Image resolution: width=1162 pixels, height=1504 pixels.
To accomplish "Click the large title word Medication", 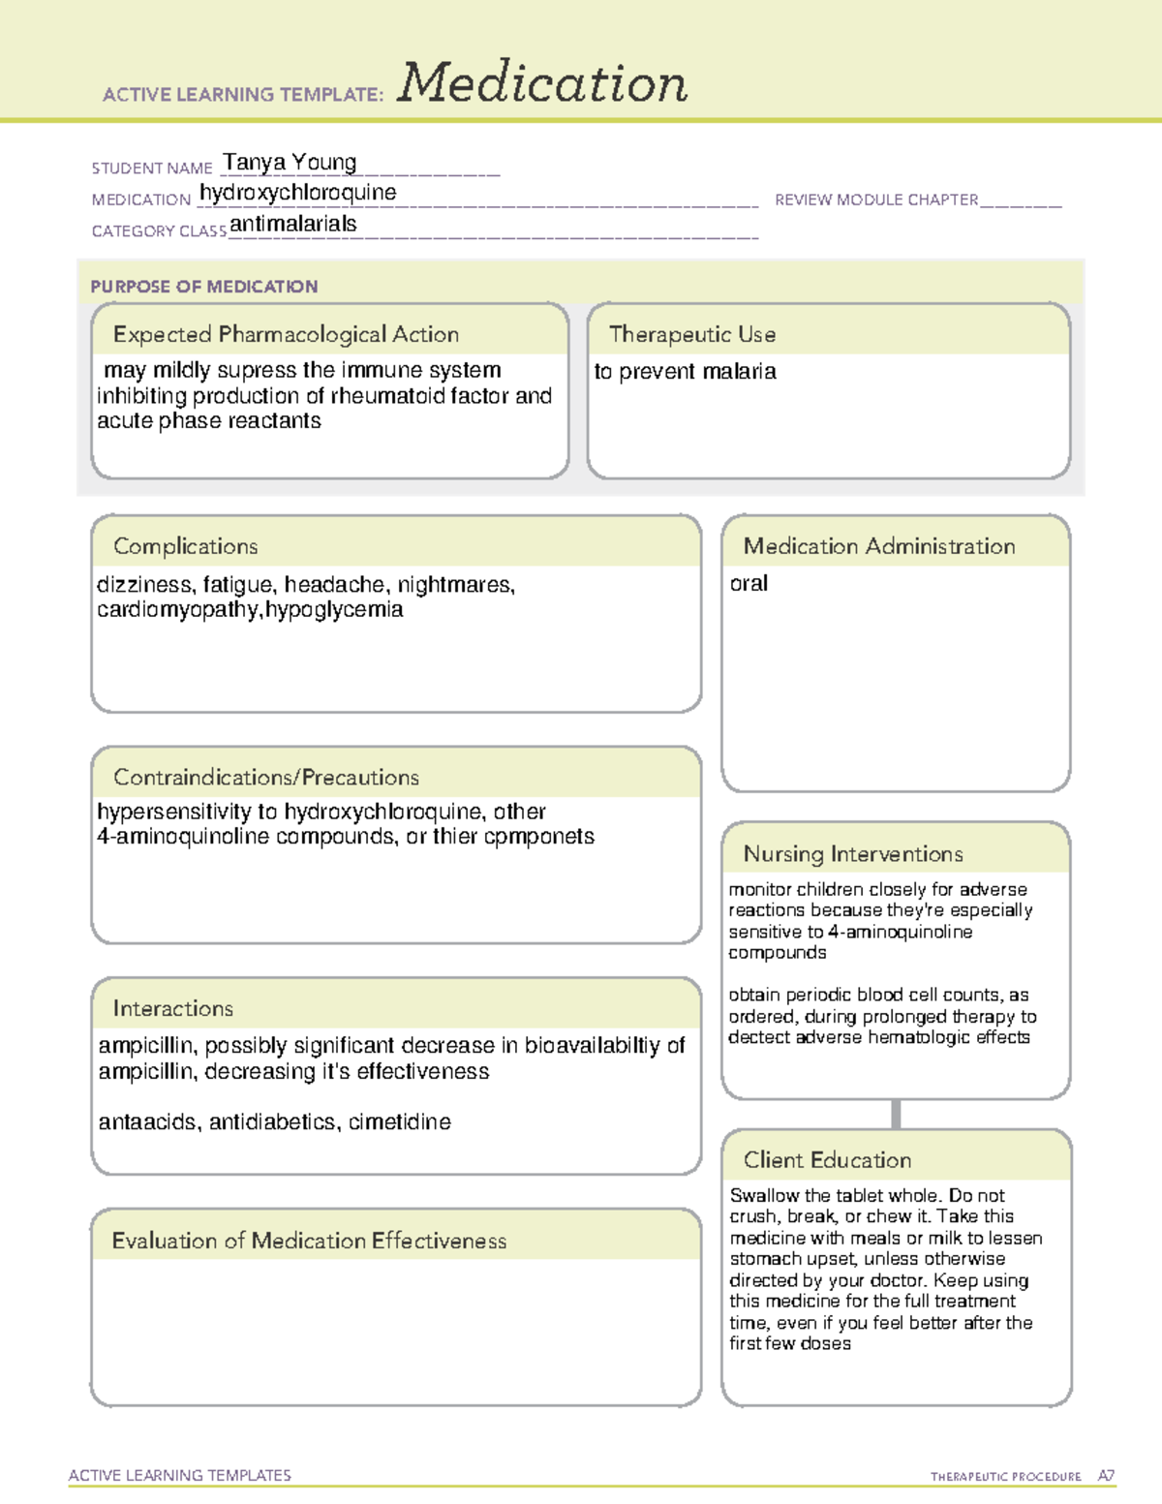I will pyautogui.click(x=542, y=83).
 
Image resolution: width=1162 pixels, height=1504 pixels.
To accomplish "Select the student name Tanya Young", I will pyautogui.click(x=290, y=163).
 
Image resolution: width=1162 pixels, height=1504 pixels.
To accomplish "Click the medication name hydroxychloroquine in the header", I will pyautogui.click(x=298, y=193).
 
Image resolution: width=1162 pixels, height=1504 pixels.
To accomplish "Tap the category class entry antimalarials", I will pyautogui.click(x=293, y=224).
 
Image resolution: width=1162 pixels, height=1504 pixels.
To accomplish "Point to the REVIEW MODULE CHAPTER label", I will pyautogui.click(x=876, y=200).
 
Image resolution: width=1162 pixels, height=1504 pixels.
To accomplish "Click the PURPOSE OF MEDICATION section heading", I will pyautogui.click(x=204, y=287).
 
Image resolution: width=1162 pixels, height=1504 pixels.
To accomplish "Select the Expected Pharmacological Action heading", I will pyautogui.click(x=286, y=334).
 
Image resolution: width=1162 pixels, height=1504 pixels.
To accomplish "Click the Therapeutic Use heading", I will pyautogui.click(x=692, y=334).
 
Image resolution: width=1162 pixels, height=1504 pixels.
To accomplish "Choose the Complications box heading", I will pyautogui.click(x=186, y=546).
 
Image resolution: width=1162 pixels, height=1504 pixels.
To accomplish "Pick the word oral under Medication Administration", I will pyautogui.click(x=749, y=584).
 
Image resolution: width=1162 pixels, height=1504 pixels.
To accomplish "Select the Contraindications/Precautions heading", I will pyautogui.click(x=266, y=777).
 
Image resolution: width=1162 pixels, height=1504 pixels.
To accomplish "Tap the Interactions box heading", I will pyautogui.click(x=173, y=1008).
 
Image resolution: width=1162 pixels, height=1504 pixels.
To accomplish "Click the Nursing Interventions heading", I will pyautogui.click(x=853, y=853).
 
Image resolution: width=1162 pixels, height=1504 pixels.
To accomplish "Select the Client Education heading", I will pyautogui.click(x=827, y=1160).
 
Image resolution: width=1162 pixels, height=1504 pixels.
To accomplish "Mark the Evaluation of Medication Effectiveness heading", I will pyautogui.click(x=309, y=1241).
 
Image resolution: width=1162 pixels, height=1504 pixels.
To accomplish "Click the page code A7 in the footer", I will pyautogui.click(x=1106, y=1476).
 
